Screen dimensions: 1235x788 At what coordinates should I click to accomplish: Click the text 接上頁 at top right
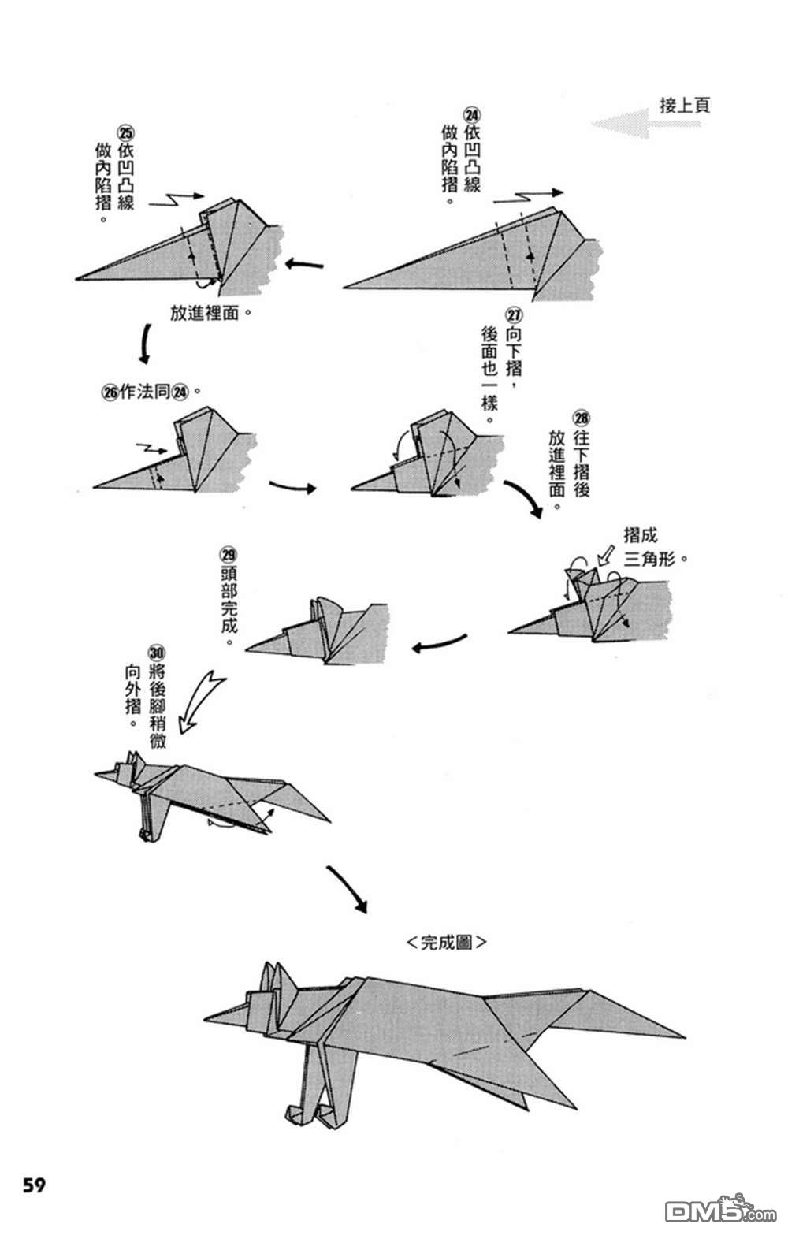684,106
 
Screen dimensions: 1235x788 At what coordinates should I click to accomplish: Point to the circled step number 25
125,132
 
